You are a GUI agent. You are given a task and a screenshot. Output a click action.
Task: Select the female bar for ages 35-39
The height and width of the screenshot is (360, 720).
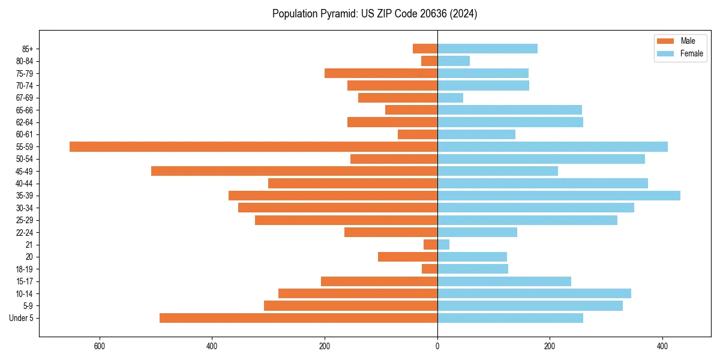tap(559, 196)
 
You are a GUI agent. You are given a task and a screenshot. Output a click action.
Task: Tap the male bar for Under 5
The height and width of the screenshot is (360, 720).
tap(298, 318)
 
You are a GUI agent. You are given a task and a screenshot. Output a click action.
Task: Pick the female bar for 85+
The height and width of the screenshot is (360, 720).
tap(487, 49)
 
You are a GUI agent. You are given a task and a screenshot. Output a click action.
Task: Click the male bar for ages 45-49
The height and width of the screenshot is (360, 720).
tap(294, 171)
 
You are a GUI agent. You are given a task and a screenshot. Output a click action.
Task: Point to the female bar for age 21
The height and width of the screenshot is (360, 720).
tap(443, 244)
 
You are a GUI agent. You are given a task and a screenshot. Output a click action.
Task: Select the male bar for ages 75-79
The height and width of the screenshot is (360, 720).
tap(381, 73)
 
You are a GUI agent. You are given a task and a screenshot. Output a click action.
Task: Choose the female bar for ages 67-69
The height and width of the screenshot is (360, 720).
tap(450, 98)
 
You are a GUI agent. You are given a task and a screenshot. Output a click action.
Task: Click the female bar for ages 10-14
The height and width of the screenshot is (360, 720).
tap(534, 293)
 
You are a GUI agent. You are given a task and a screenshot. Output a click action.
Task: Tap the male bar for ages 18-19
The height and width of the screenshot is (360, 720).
tap(430, 269)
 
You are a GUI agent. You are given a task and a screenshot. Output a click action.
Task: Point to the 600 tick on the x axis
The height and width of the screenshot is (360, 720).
tap(100, 347)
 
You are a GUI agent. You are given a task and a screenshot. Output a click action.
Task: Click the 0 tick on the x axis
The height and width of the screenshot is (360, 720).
tap(437, 347)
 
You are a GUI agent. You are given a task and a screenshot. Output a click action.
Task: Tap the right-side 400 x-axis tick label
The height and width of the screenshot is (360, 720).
tap(662, 347)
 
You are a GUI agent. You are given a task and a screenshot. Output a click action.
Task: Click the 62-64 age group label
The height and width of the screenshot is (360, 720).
tap(25, 122)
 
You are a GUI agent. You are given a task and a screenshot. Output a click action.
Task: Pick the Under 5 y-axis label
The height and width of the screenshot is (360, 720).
tap(22, 318)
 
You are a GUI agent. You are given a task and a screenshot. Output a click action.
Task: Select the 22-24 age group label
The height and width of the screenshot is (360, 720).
tap(25, 232)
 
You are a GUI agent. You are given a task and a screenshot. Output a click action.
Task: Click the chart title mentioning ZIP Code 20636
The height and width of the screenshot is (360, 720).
tap(374, 14)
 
